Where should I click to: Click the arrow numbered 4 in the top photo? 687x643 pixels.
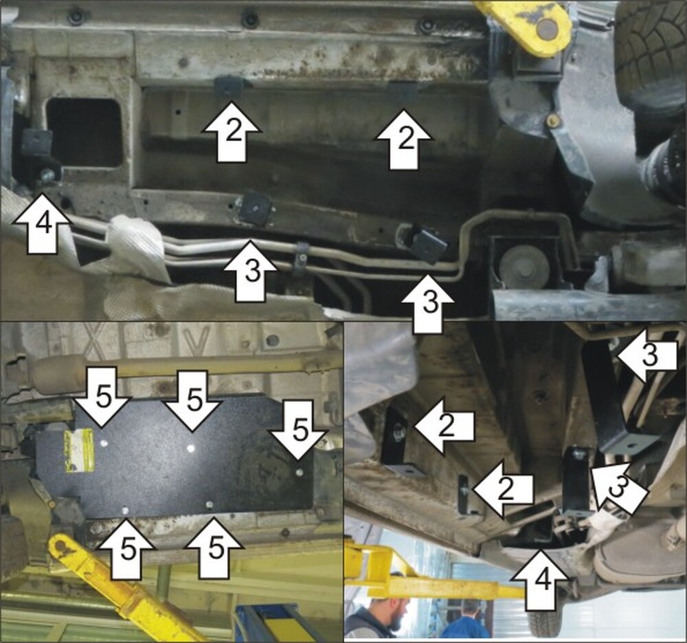point(42,223)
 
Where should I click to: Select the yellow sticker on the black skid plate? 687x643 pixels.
point(79,450)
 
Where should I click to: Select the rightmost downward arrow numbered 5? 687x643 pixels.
point(300,429)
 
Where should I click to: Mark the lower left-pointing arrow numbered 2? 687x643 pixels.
point(503,489)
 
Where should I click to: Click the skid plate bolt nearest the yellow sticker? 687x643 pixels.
point(104,443)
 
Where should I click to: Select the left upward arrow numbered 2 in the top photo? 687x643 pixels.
point(232,131)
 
